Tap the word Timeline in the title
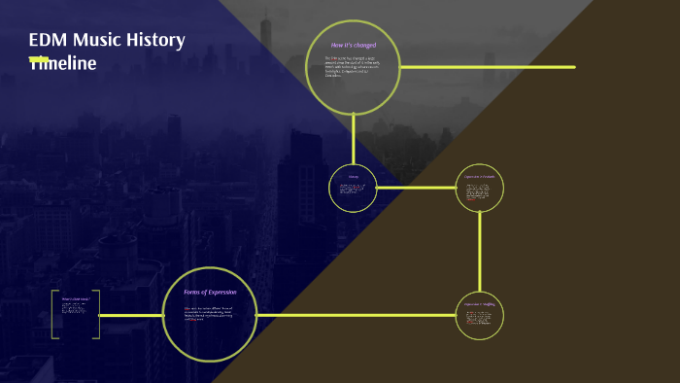[x=63, y=63]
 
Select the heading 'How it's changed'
[x=354, y=45]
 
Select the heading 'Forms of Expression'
[x=210, y=292]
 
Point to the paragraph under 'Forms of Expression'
[x=210, y=313]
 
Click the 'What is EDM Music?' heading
[x=75, y=299]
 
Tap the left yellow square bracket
[x=54, y=314]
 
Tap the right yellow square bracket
[x=96, y=314]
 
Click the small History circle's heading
[x=354, y=176]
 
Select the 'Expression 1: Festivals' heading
[x=480, y=176]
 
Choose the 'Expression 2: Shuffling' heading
[x=480, y=305]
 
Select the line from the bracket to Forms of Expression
[x=130, y=315]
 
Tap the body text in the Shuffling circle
[x=480, y=318]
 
